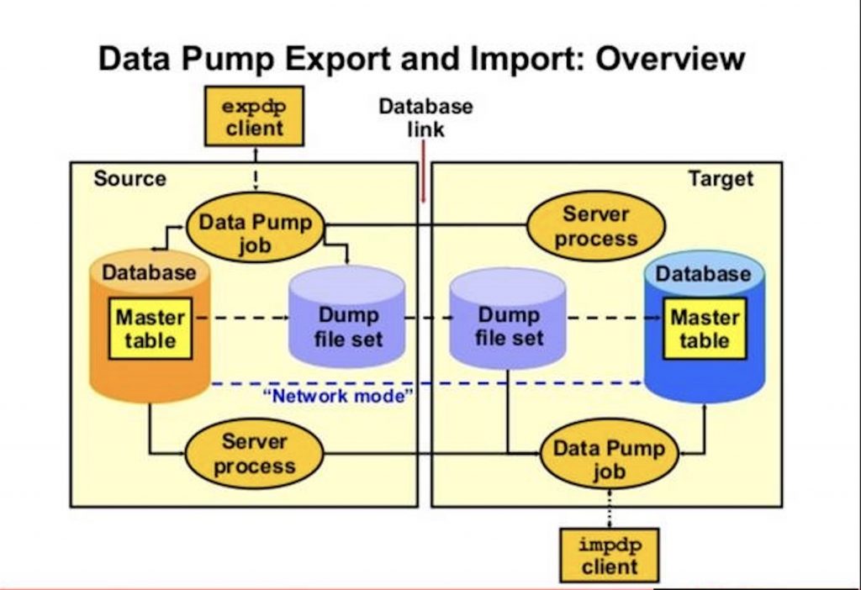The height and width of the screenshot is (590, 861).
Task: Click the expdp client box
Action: coord(253,117)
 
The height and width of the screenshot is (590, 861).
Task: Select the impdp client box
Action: coord(609,555)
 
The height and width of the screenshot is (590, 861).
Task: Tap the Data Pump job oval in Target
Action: coord(608,459)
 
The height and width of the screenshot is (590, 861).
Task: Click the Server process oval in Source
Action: coord(253,454)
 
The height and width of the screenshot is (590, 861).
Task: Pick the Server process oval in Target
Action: coord(595,226)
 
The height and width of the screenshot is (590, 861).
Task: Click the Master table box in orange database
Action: coord(150,329)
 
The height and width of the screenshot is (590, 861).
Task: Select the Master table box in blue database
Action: coord(704,329)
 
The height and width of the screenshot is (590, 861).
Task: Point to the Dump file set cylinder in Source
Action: coord(346,324)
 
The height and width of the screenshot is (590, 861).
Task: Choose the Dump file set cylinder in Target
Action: coord(507,324)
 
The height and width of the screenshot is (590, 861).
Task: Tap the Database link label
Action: coord(425,118)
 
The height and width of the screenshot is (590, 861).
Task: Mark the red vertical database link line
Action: coord(423,172)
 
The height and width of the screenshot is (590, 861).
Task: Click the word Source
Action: coord(129,178)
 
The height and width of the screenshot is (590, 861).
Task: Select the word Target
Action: coord(721,178)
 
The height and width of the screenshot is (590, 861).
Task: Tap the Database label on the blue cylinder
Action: coord(703,274)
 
